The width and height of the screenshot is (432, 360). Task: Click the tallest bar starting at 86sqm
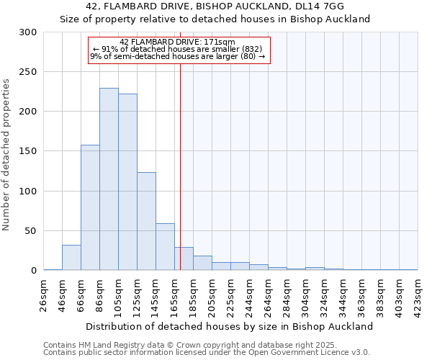coord(109,179)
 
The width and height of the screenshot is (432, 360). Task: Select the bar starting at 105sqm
coord(127,182)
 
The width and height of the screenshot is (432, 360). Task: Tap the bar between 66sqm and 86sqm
coord(90,207)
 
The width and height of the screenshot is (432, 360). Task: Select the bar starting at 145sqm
coord(165,247)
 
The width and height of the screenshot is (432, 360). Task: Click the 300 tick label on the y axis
coord(28,32)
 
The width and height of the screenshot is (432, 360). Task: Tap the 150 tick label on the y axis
coord(28,152)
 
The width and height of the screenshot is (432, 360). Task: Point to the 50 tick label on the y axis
coord(31,231)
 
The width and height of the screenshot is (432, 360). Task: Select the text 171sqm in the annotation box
coord(209,42)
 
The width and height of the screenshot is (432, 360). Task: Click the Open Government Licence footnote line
coord(207,353)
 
